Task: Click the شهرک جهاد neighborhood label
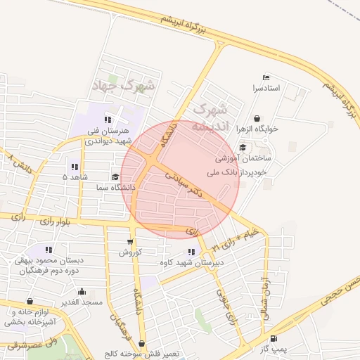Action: click(126, 86)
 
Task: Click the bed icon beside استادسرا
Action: click(265, 77)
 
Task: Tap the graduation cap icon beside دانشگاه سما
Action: click(115, 177)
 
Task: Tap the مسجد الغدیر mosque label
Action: click(81, 302)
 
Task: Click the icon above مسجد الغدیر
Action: click(82, 291)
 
